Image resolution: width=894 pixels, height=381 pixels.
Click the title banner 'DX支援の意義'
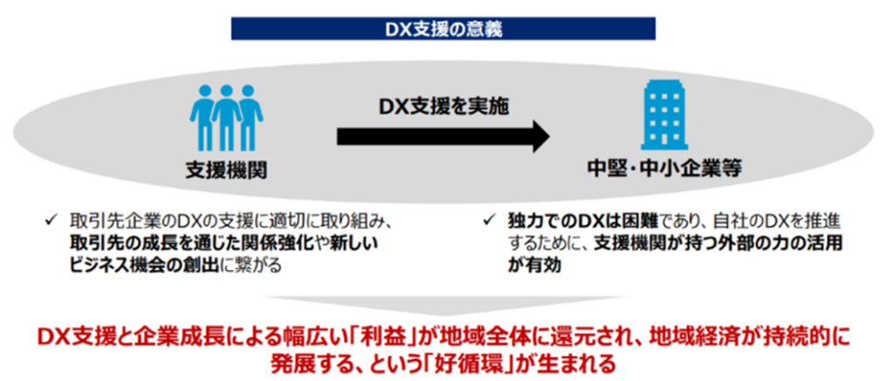click(x=443, y=29)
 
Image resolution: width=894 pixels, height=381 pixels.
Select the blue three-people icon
click(x=226, y=117)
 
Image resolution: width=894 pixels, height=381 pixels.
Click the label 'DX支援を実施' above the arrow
click(x=443, y=107)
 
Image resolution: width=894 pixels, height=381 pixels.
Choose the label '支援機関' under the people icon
click(x=226, y=170)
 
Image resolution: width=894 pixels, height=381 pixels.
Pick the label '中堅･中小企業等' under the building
click(x=664, y=170)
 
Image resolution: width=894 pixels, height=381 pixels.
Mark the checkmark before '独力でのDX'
click(x=489, y=220)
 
